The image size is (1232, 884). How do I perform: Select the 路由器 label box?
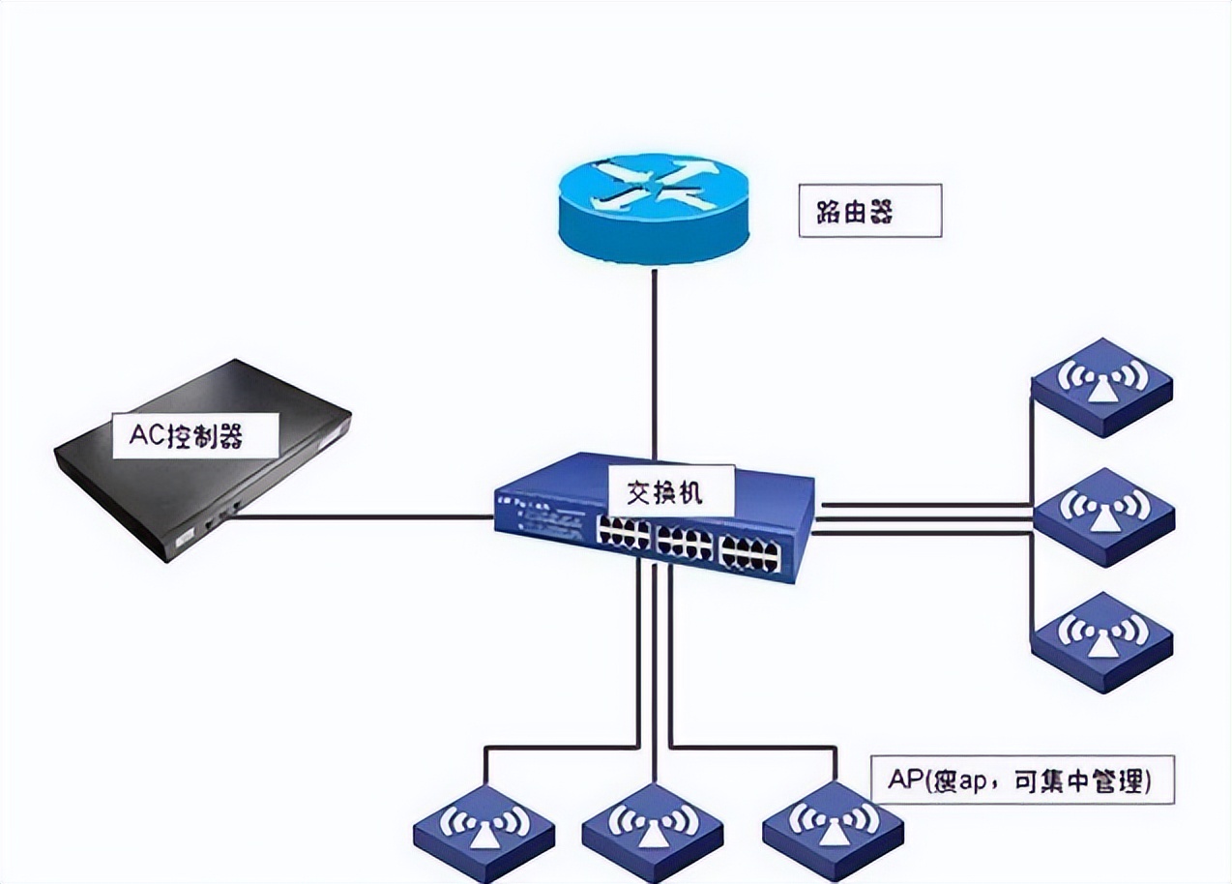coord(868,210)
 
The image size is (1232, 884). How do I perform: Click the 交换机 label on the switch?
coord(669,492)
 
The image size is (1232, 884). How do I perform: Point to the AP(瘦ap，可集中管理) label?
coord(1021,780)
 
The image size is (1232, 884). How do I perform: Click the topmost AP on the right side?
coord(1101,387)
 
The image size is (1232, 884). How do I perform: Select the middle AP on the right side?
coord(1103,516)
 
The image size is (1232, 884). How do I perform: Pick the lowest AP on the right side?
coord(1101,641)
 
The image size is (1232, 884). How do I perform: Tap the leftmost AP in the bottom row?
coord(484,831)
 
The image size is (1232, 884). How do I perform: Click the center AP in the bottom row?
coord(653,831)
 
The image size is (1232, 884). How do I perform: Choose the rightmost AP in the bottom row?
coord(833,831)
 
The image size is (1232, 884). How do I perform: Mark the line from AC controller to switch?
coord(367,516)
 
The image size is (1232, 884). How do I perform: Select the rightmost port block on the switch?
coord(750,554)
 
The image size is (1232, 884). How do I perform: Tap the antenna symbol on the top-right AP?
coord(1101,378)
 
